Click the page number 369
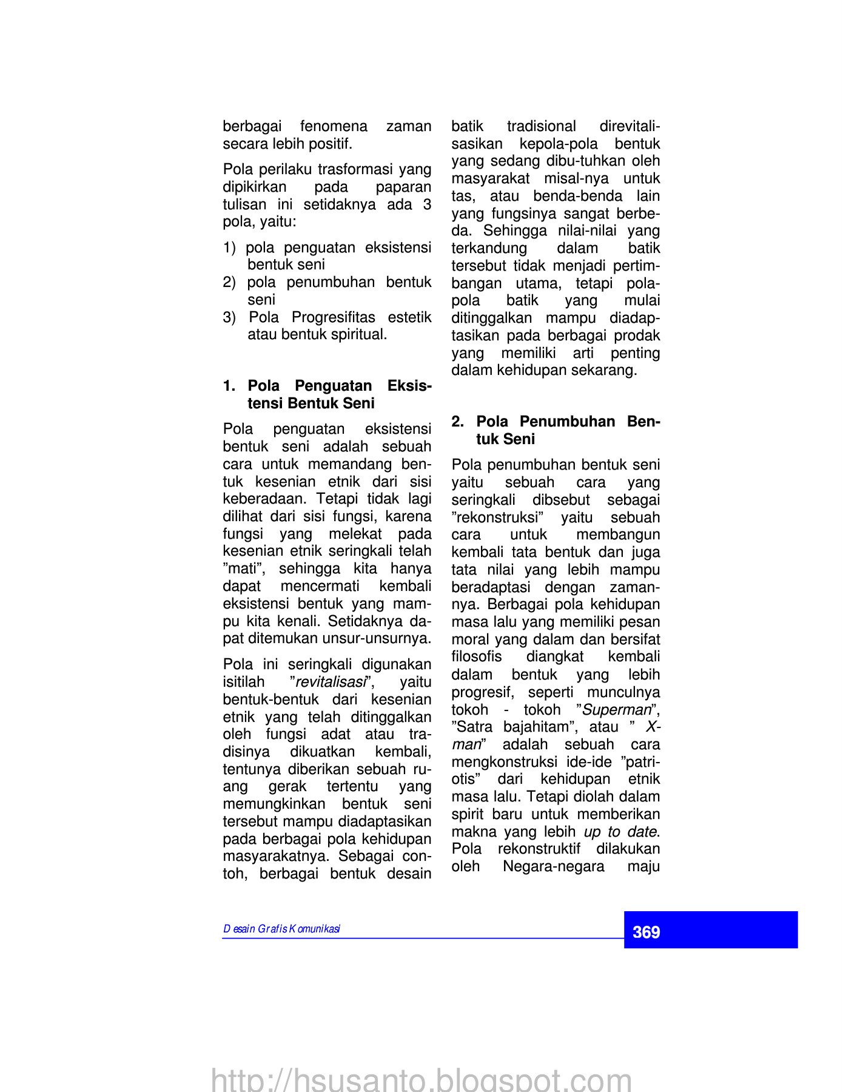pyautogui.click(x=646, y=932)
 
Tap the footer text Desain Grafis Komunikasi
pyautogui.click(x=281, y=929)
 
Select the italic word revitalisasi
pyautogui.click(x=331, y=682)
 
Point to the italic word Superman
pyautogui.click(x=617, y=710)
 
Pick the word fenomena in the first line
pyautogui.click(x=334, y=126)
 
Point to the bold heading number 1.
pyautogui.click(x=229, y=386)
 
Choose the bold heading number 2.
pyautogui.click(x=457, y=422)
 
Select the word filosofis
pyautogui.click(x=477, y=657)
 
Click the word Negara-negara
pyautogui.click(x=554, y=866)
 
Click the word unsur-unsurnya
pyautogui.click(x=377, y=639)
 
